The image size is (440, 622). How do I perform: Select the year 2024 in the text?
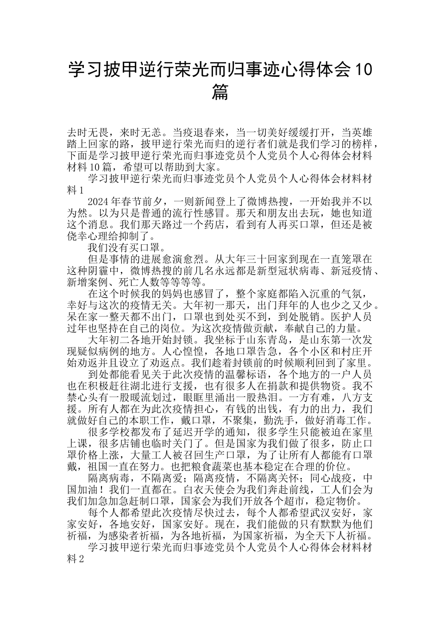(98, 202)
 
